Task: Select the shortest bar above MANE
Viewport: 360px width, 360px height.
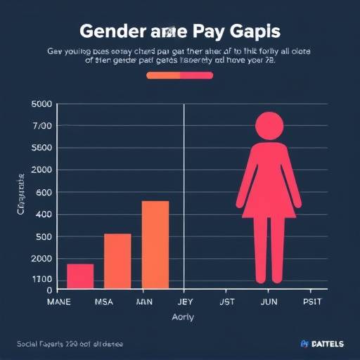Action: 80,276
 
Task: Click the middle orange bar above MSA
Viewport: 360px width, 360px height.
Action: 117,261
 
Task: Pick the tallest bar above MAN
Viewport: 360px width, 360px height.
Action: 155,245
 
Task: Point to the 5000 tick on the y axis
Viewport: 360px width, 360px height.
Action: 42,104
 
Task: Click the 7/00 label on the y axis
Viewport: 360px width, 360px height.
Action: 42,126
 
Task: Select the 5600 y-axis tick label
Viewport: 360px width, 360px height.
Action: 42,148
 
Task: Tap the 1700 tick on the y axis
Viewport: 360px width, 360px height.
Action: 42,279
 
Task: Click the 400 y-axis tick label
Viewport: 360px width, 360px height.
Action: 44,214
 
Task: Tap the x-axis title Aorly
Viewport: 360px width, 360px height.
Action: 183,317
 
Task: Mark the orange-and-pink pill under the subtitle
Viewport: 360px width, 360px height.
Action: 179,75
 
